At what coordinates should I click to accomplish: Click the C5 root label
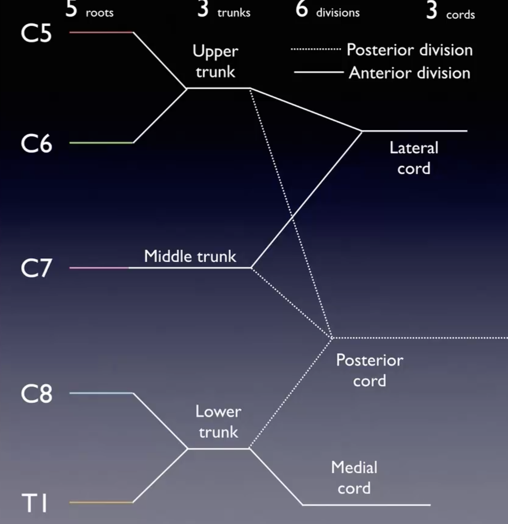tap(36, 33)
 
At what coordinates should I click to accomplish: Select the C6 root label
tap(36, 144)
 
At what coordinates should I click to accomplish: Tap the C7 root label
tap(36, 268)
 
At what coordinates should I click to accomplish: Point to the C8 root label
tap(36, 394)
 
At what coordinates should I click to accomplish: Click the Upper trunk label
tap(215, 61)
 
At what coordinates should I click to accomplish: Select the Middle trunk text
tap(190, 256)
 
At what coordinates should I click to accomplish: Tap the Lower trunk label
tap(218, 422)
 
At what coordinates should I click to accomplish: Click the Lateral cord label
tap(414, 158)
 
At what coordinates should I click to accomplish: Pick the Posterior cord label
tap(369, 370)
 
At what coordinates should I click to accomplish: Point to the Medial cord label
tap(354, 478)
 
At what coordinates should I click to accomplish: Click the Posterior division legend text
tap(410, 50)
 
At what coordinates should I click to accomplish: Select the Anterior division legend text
tap(410, 73)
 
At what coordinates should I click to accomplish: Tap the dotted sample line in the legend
tap(316, 49)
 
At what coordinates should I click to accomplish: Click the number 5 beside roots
tap(71, 9)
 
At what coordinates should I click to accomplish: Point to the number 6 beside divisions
tap(302, 9)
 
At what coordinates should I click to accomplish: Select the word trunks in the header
tap(234, 13)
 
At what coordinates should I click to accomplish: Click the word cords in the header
tap(460, 15)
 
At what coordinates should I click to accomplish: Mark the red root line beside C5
tap(101, 32)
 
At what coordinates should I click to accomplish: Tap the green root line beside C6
tap(101, 143)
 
